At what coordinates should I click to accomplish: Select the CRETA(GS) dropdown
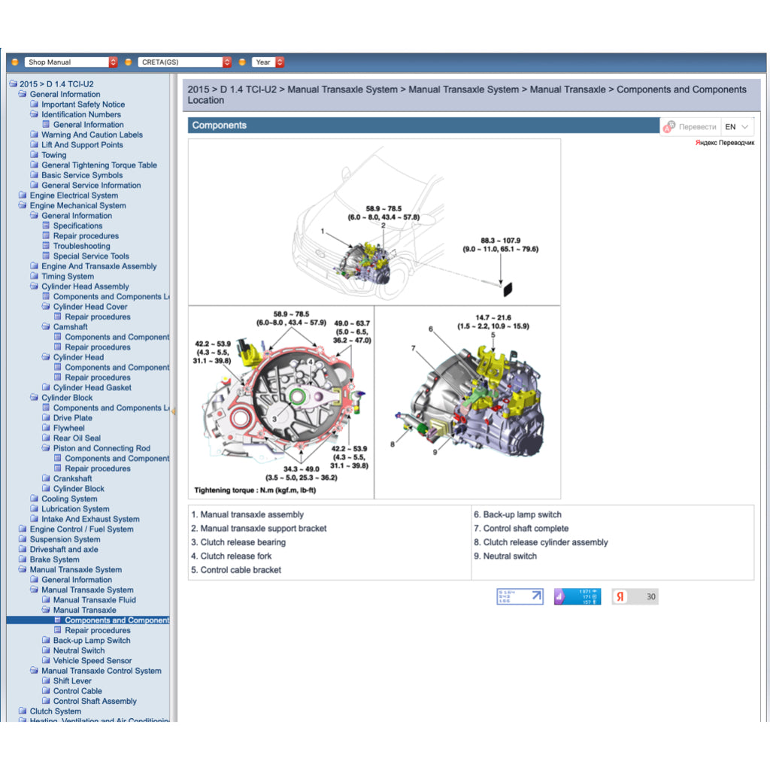coord(184,62)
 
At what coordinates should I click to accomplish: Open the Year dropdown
coord(268,62)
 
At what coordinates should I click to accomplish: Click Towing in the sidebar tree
coord(53,155)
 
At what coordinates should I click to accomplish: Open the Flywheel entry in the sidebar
coord(68,428)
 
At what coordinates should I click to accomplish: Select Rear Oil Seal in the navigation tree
coord(77,438)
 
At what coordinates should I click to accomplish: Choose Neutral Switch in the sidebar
coord(78,650)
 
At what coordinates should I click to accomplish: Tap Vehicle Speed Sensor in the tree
coord(92,661)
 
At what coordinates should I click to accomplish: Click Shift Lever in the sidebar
coord(72,681)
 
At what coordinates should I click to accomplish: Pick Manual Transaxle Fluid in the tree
coord(94,600)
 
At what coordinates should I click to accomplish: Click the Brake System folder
coord(54,559)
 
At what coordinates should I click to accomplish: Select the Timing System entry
coord(68,276)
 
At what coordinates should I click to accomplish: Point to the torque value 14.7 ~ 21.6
coord(493,318)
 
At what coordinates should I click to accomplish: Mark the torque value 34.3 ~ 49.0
coord(301,468)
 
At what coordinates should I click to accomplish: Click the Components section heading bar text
coord(220,126)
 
